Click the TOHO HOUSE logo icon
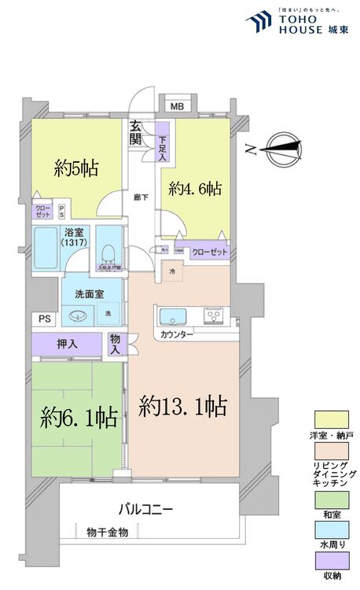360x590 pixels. (x=259, y=24)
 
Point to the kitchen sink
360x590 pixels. (x=171, y=317)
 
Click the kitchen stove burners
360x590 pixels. (x=215, y=317)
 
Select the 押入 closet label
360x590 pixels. (x=67, y=344)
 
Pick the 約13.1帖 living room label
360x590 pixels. (x=183, y=406)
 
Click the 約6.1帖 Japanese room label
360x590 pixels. (x=75, y=416)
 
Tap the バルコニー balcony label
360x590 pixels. (x=145, y=508)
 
